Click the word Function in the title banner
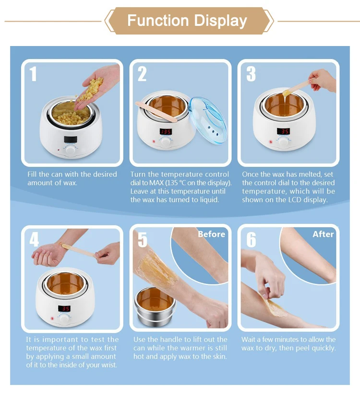click(158, 20)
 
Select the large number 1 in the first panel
click(33, 74)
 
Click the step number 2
click(142, 74)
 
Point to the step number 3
click(251, 74)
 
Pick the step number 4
click(34, 239)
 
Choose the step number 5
click(143, 239)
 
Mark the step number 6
click(251, 239)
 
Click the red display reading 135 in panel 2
click(166, 131)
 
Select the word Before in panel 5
click(211, 234)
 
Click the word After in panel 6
click(323, 234)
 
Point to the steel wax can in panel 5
click(154, 306)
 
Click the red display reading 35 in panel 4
click(64, 308)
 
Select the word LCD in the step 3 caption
click(295, 199)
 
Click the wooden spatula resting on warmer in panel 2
click(156, 111)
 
